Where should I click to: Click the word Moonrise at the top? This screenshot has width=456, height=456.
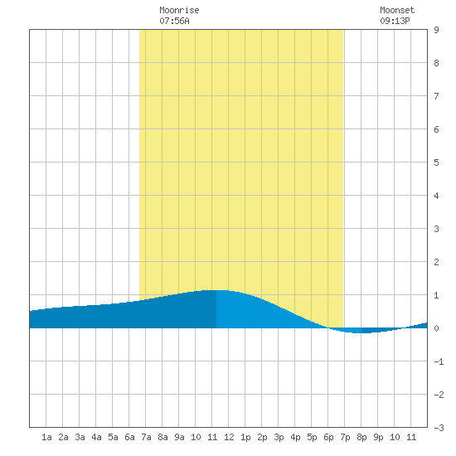[x=179, y=11]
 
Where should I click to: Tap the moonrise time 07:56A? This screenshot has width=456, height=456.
[x=174, y=21]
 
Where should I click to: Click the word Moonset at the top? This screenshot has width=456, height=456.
[x=397, y=11]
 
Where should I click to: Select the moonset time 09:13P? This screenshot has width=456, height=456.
[x=395, y=21]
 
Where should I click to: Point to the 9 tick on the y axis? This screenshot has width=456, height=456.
[x=436, y=30]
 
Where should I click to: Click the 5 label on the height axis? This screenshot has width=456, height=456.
[x=436, y=163]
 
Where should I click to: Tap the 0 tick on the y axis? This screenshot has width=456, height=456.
[x=436, y=328]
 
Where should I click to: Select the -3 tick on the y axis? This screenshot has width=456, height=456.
[x=439, y=428]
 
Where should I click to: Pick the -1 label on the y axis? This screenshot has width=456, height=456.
[x=439, y=361]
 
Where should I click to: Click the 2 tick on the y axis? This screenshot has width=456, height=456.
[x=436, y=262]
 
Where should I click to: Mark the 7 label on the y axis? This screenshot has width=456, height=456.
[x=436, y=96]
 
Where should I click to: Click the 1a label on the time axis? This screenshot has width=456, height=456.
[x=46, y=437]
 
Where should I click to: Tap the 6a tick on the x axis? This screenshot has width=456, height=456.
[x=129, y=437]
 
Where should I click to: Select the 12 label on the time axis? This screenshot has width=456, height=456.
[x=229, y=437]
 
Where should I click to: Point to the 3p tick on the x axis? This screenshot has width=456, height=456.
[x=279, y=437]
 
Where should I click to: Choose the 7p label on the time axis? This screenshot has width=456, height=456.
[x=345, y=437]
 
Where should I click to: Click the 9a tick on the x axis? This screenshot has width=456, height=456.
[x=179, y=437]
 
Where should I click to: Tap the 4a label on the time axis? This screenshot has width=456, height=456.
[x=96, y=437]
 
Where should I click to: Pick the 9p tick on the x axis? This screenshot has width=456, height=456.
[x=378, y=437]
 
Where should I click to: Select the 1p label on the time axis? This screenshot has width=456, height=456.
[x=245, y=437]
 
